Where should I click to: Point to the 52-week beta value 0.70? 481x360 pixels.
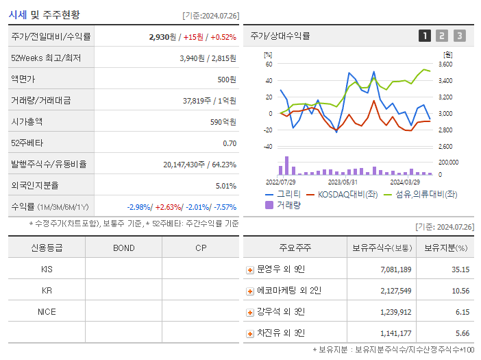230,143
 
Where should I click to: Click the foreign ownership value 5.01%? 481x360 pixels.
225,186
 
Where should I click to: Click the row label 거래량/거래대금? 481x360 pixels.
40,101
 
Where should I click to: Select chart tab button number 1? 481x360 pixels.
425,36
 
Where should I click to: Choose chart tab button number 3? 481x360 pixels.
459,36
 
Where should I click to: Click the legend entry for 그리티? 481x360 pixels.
284,195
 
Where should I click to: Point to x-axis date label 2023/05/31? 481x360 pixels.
343,182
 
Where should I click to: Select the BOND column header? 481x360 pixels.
123,248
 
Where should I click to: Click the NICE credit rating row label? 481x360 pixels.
47,312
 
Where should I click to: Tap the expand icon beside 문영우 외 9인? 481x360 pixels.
250,270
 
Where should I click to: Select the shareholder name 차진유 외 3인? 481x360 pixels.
280,333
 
